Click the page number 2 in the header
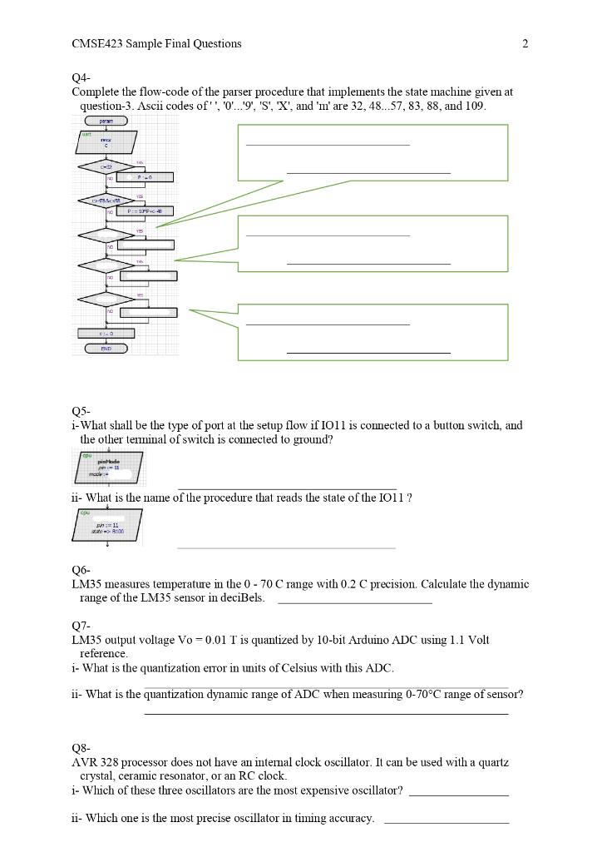[x=526, y=44]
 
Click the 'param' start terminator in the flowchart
[x=106, y=121]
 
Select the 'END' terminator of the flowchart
[x=106, y=349]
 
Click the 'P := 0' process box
[x=145, y=177]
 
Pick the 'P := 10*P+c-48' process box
[x=145, y=211]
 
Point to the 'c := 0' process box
[x=106, y=334]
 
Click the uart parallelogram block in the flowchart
[x=106, y=142]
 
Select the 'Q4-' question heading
[x=81, y=78]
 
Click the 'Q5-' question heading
[x=81, y=411]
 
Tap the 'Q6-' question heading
[x=81, y=570]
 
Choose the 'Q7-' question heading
[x=81, y=626]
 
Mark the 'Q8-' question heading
[x=81, y=748]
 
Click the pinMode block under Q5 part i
[x=108, y=467]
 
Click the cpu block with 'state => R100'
[x=108, y=525]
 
